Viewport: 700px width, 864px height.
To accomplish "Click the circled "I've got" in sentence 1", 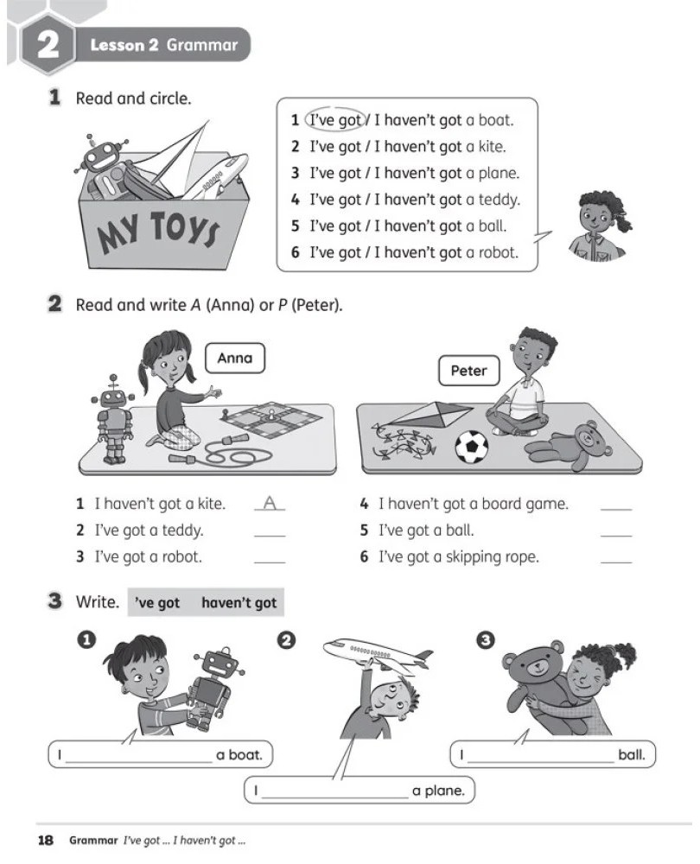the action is coord(334,119).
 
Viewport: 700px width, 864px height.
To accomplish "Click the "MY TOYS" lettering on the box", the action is coord(158,231).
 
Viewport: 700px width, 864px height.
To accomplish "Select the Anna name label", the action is coord(235,359).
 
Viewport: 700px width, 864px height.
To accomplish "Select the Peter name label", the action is coord(469,371).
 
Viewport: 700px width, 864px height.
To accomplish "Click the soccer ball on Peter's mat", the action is coord(472,447).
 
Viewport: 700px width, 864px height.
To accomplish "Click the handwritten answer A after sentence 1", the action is coord(270,503).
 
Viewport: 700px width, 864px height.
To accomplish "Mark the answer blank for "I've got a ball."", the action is coord(615,535).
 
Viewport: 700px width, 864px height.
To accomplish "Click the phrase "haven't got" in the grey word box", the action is coord(239,603).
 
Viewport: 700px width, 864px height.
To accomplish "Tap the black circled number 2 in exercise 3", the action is coord(287,640).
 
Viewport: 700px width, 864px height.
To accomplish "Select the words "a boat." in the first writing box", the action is coord(239,755).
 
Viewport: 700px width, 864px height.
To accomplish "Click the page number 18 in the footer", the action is coord(46,841).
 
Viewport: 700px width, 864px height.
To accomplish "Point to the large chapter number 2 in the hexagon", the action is coord(48,45).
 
